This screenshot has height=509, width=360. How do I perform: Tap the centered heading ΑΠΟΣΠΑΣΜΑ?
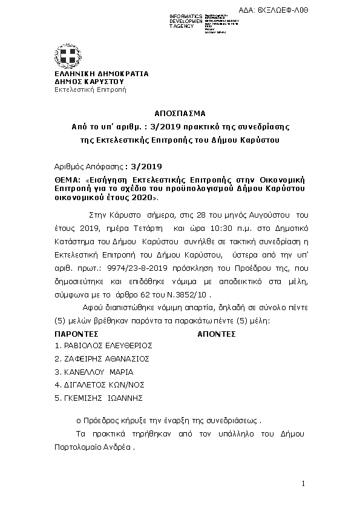click(180, 113)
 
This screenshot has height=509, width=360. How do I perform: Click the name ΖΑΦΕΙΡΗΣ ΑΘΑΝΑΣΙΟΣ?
click(102, 358)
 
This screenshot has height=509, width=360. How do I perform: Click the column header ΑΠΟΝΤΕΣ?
click(217, 334)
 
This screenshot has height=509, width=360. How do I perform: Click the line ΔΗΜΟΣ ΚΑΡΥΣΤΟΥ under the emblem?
click(89, 81)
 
